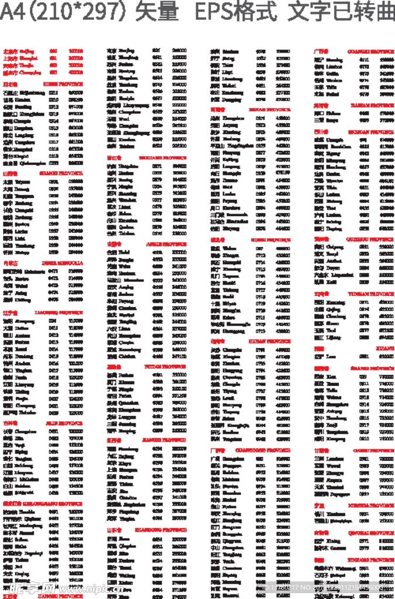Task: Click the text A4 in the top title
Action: (13, 12)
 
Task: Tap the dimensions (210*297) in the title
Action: (77, 12)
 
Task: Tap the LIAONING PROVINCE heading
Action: (59, 312)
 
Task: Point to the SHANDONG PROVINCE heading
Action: (161, 530)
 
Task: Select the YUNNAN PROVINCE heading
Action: (372, 294)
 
